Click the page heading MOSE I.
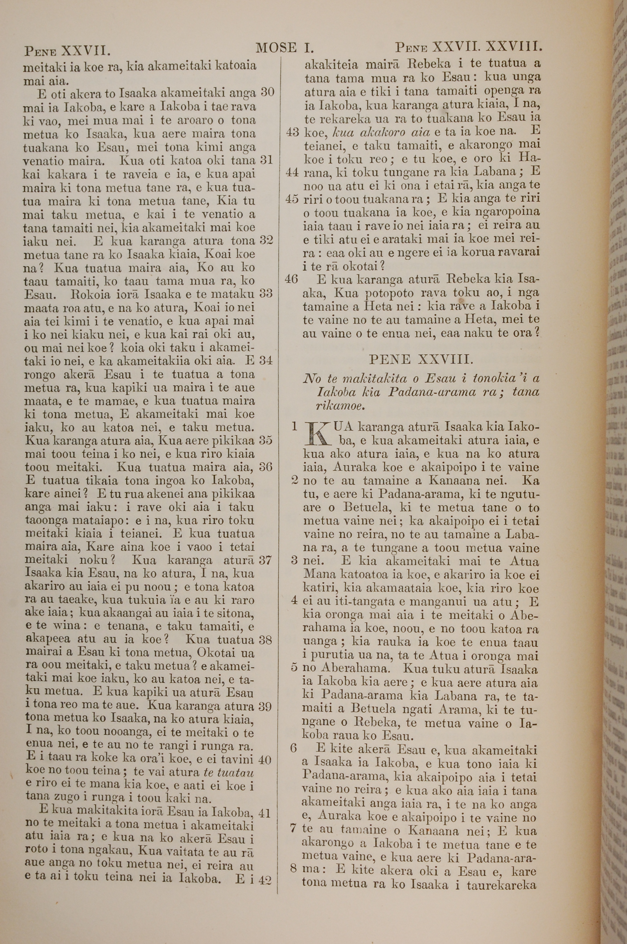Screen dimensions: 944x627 tap(285, 48)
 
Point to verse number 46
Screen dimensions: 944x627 tap(292, 279)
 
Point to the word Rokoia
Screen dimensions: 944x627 tap(89, 294)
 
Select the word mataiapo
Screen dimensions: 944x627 tap(103, 521)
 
